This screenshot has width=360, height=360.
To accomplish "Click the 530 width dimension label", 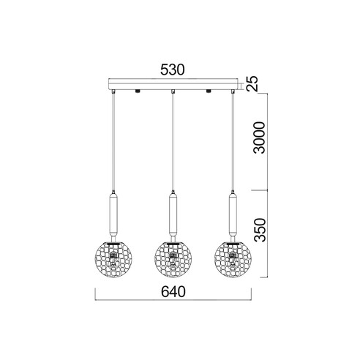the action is click(173, 70).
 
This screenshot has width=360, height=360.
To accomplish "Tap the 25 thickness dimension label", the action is click(252, 83).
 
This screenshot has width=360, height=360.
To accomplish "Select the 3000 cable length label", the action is click(259, 138).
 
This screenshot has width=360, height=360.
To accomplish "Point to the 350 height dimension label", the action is click(260, 230).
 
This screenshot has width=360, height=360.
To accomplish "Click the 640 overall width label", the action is click(173, 291).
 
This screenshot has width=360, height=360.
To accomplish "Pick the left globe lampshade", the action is click(113, 260).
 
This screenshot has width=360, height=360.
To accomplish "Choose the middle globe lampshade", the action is click(173, 260).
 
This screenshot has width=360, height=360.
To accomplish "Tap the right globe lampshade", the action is click(233, 260).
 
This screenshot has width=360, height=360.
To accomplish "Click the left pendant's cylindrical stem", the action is click(113, 214).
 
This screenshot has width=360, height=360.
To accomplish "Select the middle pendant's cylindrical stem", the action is click(173, 214).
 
